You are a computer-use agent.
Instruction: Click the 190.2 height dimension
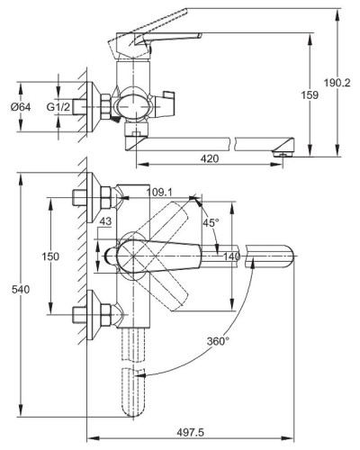pos(337,83)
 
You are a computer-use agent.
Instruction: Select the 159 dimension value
pos(310,95)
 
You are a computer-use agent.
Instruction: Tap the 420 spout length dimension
pos(210,158)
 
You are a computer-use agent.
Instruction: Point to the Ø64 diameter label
pos(21,107)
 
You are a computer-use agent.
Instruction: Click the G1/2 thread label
pos(58,107)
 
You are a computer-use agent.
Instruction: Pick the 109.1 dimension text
pos(159,193)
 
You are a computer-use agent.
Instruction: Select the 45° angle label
pos(211,222)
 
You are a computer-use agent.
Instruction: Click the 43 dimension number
pos(105,221)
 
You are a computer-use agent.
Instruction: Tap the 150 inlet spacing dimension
pos(50,256)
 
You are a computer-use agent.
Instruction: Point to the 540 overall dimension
pos(21,290)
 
